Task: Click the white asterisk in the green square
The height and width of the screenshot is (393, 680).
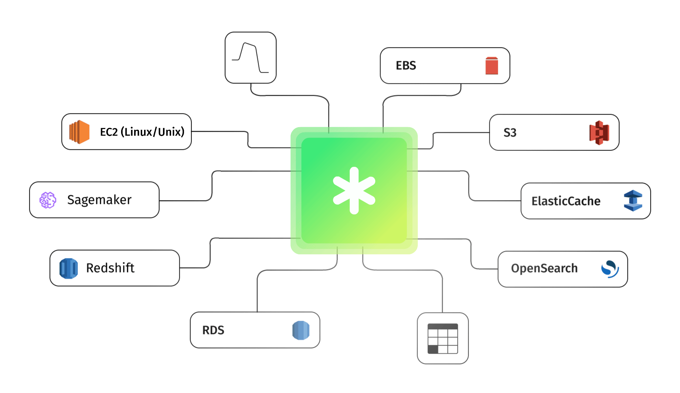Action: tap(354, 191)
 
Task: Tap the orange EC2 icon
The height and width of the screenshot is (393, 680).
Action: tap(79, 132)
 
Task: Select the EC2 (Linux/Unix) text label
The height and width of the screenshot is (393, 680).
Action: tap(142, 132)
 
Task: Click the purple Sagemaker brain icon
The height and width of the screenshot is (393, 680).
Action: tap(48, 200)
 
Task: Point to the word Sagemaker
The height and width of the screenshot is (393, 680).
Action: tap(99, 200)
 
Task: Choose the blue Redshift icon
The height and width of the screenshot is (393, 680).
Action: tap(69, 268)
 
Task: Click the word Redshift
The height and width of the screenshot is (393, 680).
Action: tap(110, 268)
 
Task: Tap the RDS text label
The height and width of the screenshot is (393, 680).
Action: tap(213, 330)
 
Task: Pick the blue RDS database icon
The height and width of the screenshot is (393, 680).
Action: tap(301, 330)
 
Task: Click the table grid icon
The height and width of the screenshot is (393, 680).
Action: tap(443, 338)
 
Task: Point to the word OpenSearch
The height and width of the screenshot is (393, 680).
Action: tap(544, 268)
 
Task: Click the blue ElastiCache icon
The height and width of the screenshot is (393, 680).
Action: tap(633, 201)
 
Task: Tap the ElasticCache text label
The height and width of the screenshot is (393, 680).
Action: tap(566, 201)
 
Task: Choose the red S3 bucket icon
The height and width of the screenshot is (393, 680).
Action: tap(599, 133)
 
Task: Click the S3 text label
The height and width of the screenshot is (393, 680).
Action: tap(510, 133)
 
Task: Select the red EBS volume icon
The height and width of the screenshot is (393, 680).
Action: tap(491, 66)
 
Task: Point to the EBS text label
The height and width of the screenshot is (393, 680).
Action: tap(406, 66)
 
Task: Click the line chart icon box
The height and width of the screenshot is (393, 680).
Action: tap(250, 58)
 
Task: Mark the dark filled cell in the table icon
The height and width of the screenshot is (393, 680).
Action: tap(433, 349)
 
